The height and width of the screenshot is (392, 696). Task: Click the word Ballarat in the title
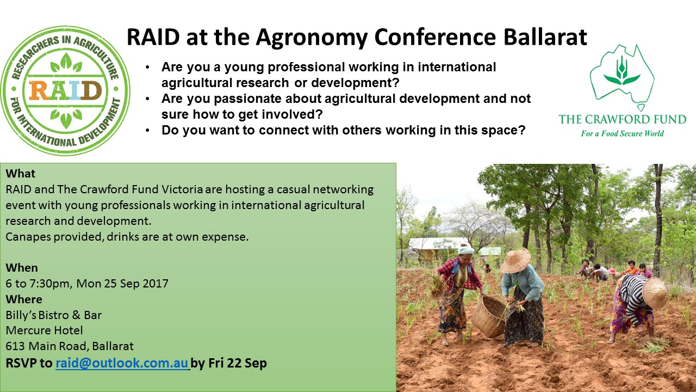(x=545, y=37)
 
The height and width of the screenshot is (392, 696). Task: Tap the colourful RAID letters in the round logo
(x=65, y=90)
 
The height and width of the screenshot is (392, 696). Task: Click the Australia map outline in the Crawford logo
(x=622, y=78)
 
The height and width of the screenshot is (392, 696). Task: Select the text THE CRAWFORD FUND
(x=623, y=119)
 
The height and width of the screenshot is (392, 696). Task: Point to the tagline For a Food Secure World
(x=623, y=133)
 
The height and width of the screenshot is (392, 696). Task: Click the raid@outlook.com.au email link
(x=122, y=363)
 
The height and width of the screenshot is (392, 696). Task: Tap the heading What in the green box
(x=21, y=173)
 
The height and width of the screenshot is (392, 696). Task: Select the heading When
(x=22, y=267)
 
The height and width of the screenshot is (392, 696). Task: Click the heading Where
(x=24, y=299)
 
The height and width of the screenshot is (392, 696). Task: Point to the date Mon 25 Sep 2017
(x=122, y=284)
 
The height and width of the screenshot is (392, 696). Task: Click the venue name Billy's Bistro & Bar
(x=53, y=315)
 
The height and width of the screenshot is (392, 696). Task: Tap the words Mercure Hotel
(x=44, y=330)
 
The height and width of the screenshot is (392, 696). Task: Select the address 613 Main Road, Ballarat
(x=70, y=346)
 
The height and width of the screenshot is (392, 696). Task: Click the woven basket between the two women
(x=489, y=317)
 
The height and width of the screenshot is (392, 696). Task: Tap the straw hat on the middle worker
(x=516, y=261)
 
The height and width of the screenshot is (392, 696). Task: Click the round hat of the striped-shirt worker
(x=655, y=293)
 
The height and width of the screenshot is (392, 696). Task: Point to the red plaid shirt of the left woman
(x=460, y=273)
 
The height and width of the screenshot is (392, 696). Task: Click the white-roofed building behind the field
(x=438, y=247)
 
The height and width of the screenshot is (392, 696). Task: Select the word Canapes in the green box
(x=28, y=237)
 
